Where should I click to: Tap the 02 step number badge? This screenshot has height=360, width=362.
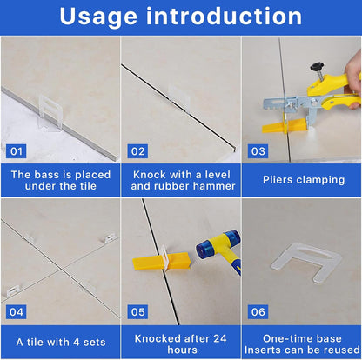(138, 150)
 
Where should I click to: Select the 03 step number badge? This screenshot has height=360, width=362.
(258, 150)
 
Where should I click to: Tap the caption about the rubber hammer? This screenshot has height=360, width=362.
(180, 180)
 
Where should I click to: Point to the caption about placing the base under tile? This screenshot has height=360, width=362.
(60, 180)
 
